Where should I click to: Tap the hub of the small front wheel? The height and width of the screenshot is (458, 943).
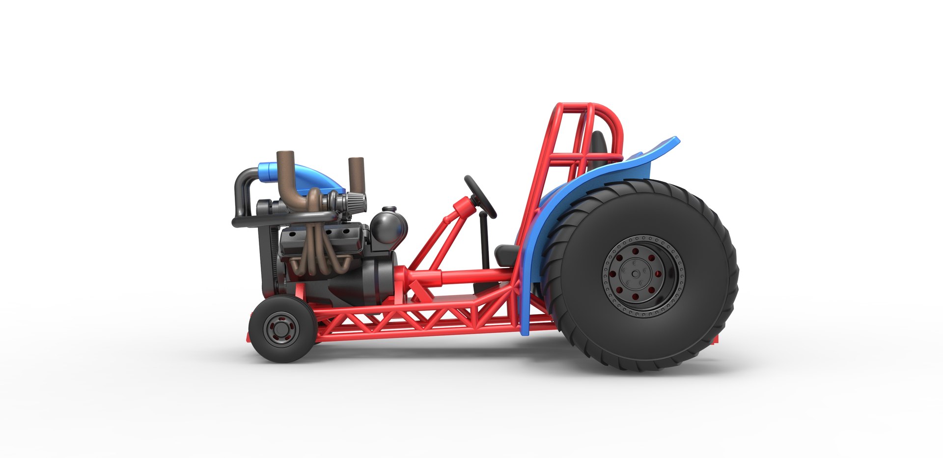[281, 329]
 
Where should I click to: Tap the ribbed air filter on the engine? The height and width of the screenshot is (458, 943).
[355, 201]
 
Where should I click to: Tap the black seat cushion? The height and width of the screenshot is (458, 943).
[506, 255]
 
